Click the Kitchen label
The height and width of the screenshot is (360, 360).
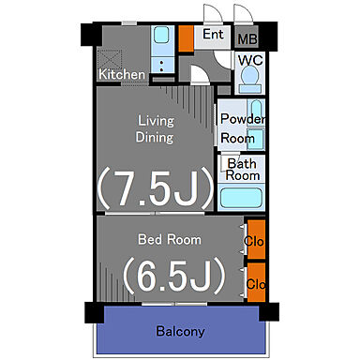click(x=122, y=74)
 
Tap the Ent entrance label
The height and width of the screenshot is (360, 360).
click(x=213, y=34)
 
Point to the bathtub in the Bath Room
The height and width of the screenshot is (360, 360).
click(x=241, y=198)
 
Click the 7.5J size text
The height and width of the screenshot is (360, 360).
click(x=156, y=188)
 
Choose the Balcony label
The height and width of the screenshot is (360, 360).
click(x=181, y=331)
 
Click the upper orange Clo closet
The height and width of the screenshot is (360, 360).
click(x=257, y=240)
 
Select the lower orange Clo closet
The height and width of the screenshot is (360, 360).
click(x=257, y=282)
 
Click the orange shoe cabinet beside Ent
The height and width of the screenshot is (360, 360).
click(x=187, y=38)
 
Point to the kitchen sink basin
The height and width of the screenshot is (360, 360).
click(x=162, y=35)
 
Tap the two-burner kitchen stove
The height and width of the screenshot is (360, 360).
click(x=162, y=65)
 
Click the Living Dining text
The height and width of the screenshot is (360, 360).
click(x=155, y=129)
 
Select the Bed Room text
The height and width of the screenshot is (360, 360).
click(x=170, y=239)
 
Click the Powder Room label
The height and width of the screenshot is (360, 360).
click(x=243, y=128)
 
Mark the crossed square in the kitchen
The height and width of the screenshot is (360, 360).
click(x=110, y=59)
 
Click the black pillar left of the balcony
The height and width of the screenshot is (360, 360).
click(x=94, y=312)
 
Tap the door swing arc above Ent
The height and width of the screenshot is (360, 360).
click(x=213, y=13)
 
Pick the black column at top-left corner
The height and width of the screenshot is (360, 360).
click(x=91, y=35)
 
